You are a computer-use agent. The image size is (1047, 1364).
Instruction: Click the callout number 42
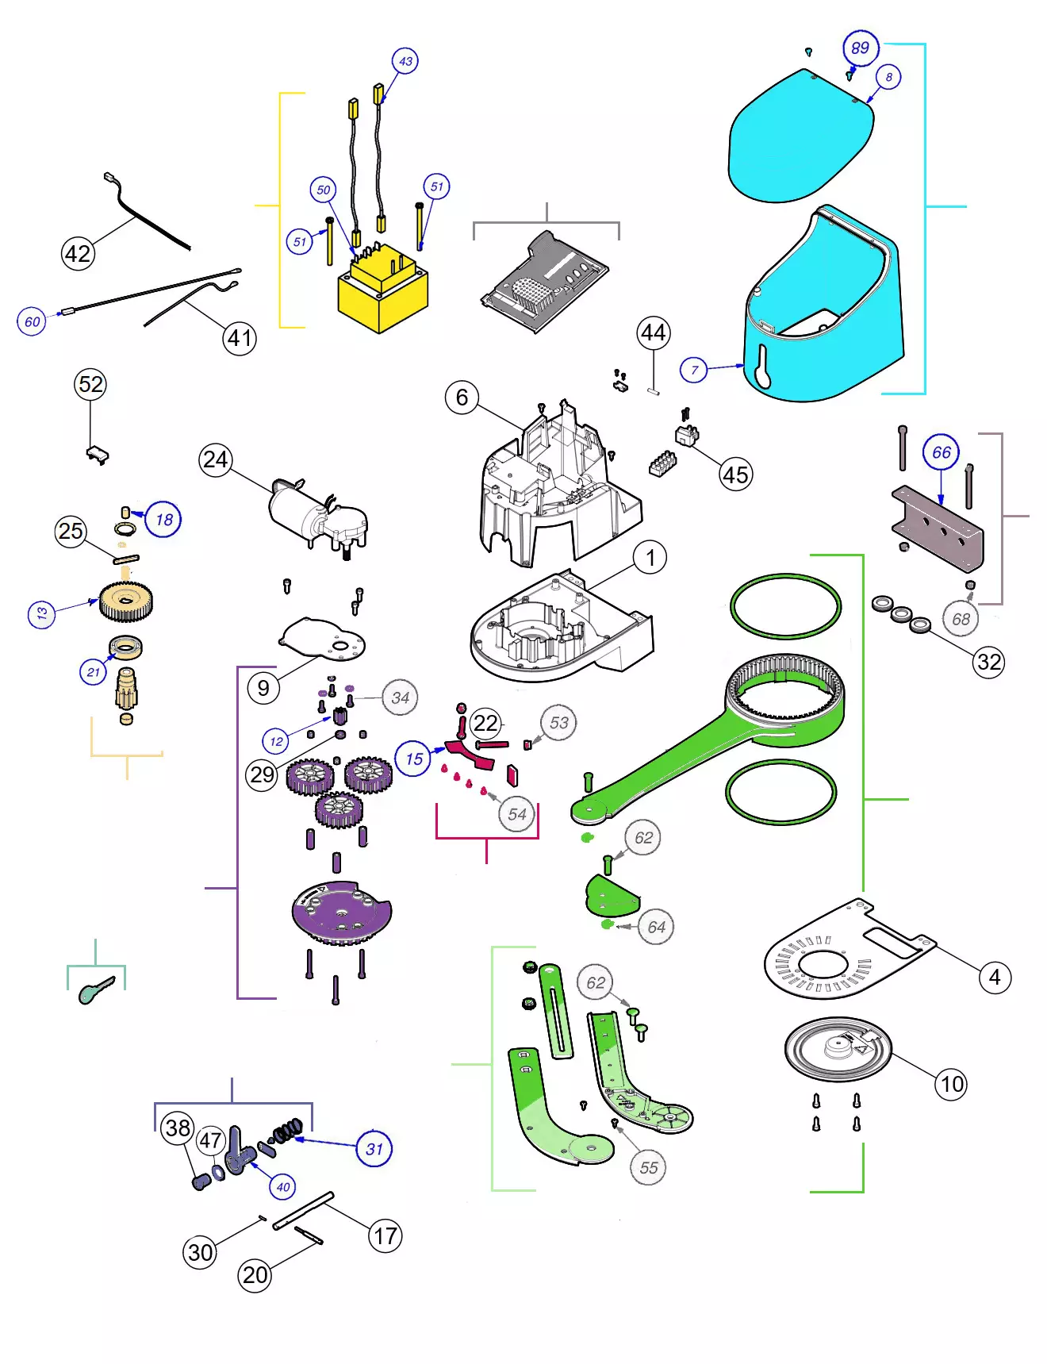pyautogui.click(x=78, y=254)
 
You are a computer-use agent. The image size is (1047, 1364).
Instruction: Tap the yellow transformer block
pyautogui.click(x=382, y=292)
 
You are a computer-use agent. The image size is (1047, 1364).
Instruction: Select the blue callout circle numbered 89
pyautogui.click(x=861, y=48)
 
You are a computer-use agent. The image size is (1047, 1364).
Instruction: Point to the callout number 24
pyautogui.click(x=215, y=460)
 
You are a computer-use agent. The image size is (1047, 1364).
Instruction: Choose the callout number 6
pyautogui.click(x=462, y=397)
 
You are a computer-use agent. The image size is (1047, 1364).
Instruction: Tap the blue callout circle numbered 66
pyautogui.click(x=941, y=452)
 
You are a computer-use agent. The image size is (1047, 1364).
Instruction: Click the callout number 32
pyautogui.click(x=989, y=662)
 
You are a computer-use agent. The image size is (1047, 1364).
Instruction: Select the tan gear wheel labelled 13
pyautogui.click(x=127, y=601)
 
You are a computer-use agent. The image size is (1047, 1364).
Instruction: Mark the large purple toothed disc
pyautogui.click(x=341, y=913)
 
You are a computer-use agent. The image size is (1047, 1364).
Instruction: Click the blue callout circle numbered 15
pyautogui.click(x=413, y=759)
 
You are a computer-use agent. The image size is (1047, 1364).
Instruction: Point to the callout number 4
pyautogui.click(x=995, y=978)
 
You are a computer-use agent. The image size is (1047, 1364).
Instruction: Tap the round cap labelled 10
pyautogui.click(x=838, y=1049)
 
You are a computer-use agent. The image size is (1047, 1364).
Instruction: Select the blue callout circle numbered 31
pyautogui.click(x=374, y=1148)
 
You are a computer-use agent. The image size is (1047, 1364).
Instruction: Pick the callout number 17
pyautogui.click(x=385, y=1236)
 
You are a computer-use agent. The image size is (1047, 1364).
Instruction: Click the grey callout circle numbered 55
pyautogui.click(x=649, y=1168)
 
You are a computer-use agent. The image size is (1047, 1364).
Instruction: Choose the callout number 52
pyautogui.click(x=90, y=385)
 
